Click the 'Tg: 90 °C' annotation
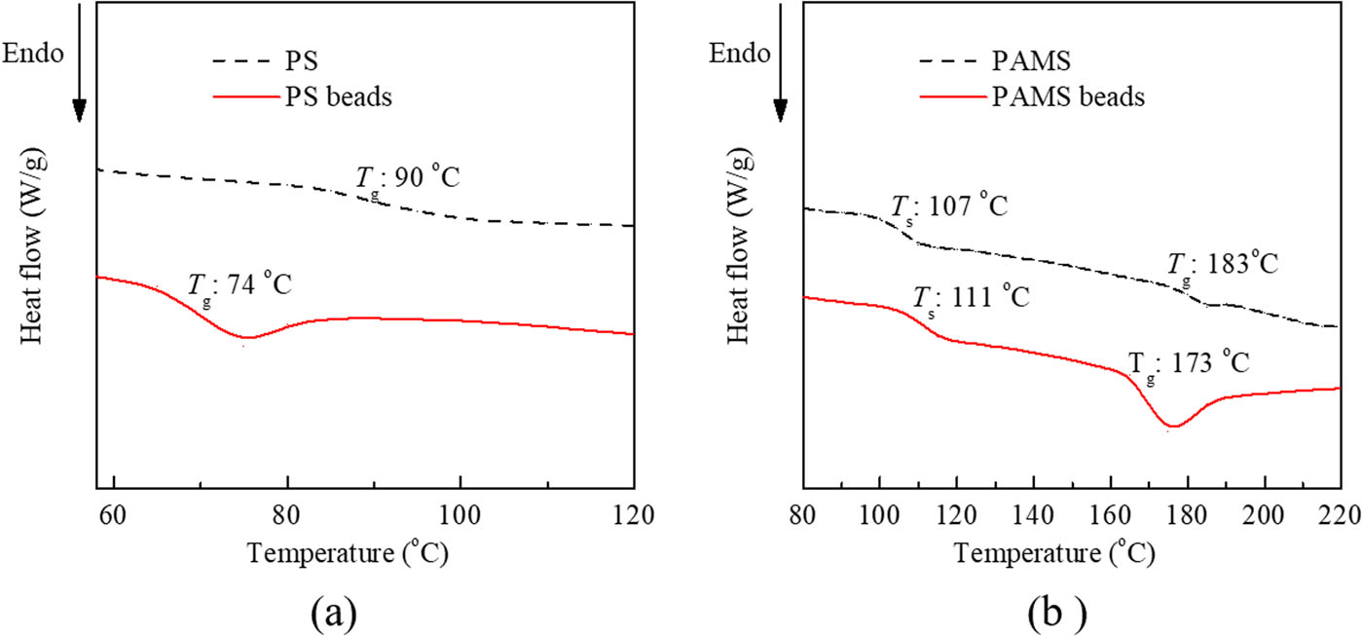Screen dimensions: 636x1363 [406, 180]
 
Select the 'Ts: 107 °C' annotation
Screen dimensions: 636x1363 [948, 207]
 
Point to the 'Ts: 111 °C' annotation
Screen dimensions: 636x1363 [970, 297]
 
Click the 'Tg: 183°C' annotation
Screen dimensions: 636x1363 [1223, 265]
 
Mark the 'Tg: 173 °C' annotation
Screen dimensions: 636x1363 [1188, 364]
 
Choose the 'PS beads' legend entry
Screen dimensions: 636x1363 [337, 98]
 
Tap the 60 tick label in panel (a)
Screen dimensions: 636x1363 [114, 511]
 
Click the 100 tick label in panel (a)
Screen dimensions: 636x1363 [460, 511]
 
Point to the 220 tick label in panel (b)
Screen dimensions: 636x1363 [1341, 511]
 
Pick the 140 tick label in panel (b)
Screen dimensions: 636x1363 [1033, 511]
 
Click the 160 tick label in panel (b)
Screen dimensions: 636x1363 [1110, 511]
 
